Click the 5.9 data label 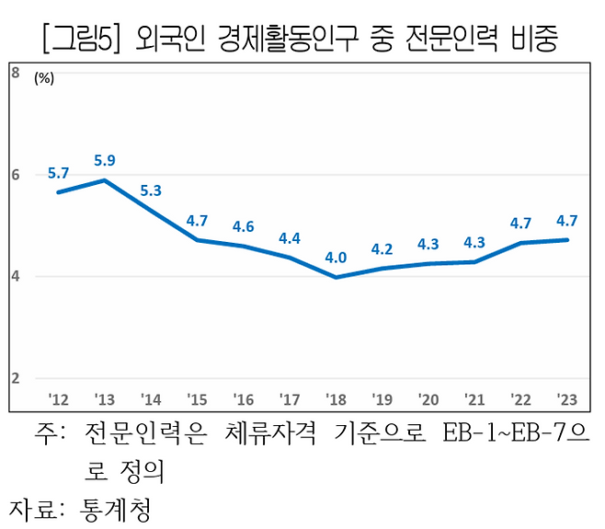click(x=104, y=160)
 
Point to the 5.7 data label click(x=58, y=172)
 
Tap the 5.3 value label click(x=151, y=190)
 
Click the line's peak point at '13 click(x=104, y=180)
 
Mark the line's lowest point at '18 click(x=336, y=277)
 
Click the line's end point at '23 click(x=567, y=240)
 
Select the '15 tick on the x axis click(x=197, y=397)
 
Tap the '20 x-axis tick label click(x=428, y=397)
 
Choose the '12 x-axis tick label click(x=58, y=397)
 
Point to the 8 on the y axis click(x=16, y=72)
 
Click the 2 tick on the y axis click(x=16, y=378)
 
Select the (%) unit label click(x=44, y=79)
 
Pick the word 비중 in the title click(x=533, y=38)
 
